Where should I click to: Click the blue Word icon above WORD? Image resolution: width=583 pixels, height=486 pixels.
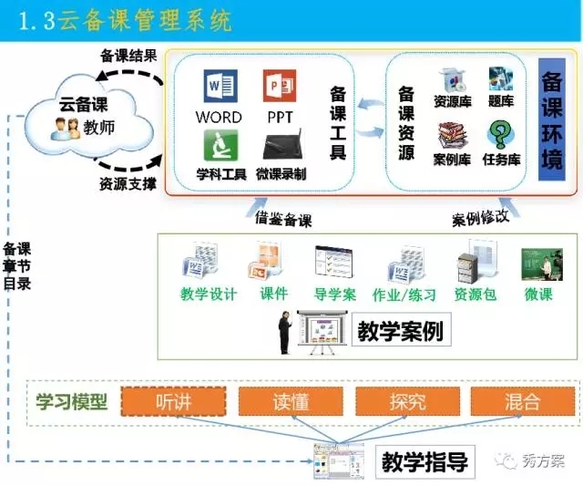coord(220,86)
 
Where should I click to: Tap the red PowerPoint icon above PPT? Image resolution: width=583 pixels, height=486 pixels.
coord(280,86)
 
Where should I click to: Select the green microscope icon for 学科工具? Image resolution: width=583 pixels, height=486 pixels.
coord(220,145)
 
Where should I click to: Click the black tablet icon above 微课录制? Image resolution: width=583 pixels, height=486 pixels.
coord(281,146)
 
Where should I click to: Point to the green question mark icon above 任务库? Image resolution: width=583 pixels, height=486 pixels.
coord(500,134)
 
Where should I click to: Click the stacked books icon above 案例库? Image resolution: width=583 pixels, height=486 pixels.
coord(452,136)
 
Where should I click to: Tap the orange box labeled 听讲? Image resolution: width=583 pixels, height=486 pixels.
coord(174,401)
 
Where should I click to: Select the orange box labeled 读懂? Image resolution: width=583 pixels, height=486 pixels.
coord(291,401)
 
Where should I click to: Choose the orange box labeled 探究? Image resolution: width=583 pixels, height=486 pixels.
coord(407,401)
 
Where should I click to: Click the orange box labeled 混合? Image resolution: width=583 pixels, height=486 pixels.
coord(523,401)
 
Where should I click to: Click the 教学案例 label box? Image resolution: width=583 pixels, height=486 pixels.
coord(401,330)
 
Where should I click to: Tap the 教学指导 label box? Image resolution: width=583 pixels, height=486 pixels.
coord(425,461)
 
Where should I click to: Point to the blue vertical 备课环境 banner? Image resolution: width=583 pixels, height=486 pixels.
coord(552,119)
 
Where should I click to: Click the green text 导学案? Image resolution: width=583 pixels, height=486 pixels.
coord(334,295)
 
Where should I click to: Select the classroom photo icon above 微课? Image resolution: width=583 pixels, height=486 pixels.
coord(542,264)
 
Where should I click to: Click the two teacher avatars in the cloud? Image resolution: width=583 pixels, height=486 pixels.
coord(66,129)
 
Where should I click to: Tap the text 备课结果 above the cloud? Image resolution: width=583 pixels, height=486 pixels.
coord(129,57)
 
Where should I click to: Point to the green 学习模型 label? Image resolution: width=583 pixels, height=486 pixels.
coord(72,402)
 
